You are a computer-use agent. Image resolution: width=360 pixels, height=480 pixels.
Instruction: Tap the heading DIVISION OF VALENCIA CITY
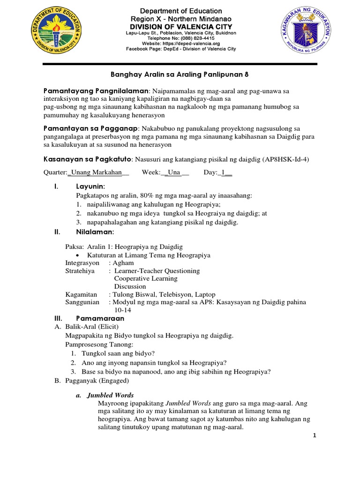180,26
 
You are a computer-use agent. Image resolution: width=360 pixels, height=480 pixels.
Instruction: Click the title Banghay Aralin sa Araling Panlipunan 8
180,74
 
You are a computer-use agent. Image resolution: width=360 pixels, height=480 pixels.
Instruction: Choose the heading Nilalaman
95,232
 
